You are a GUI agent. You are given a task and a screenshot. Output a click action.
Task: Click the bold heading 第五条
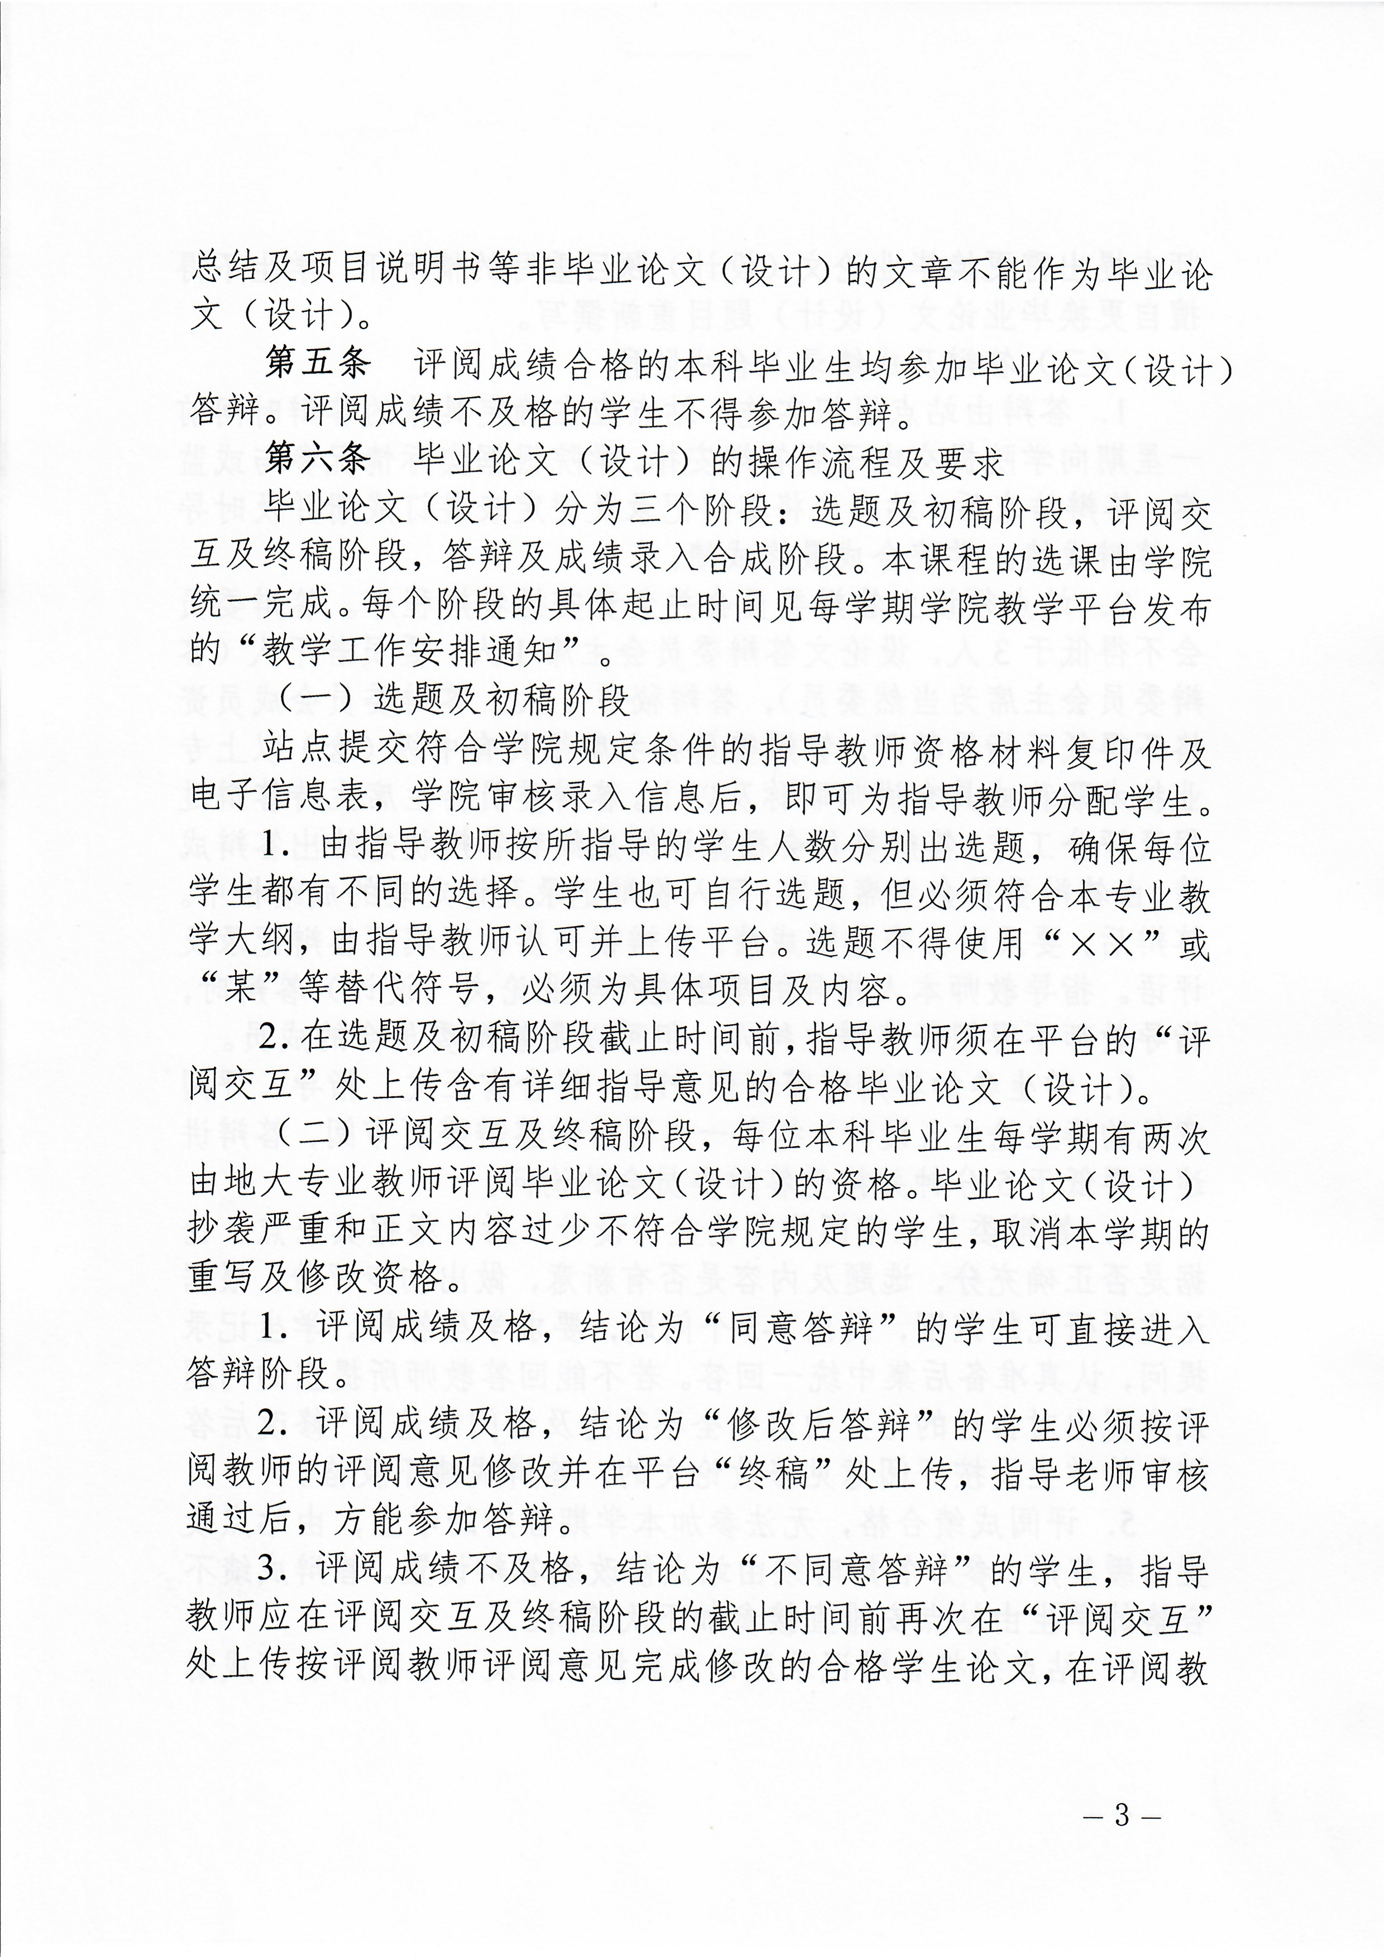click(317, 364)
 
